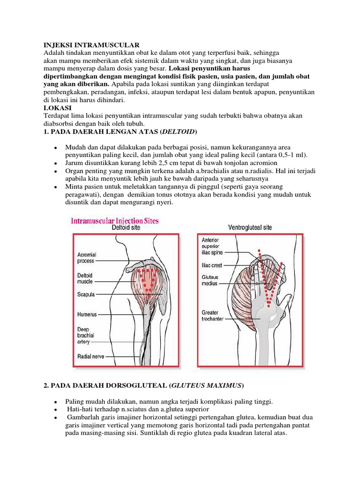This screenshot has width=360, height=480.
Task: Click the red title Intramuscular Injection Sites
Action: (x=115, y=220)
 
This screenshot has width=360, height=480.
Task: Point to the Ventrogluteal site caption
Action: (x=249, y=228)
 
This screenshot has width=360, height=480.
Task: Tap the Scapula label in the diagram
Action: (x=86, y=295)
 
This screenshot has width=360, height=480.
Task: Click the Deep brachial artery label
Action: (x=85, y=336)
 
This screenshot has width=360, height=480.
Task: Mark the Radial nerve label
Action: (x=91, y=357)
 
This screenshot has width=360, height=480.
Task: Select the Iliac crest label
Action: (x=211, y=265)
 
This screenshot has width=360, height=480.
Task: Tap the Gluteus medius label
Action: (x=210, y=280)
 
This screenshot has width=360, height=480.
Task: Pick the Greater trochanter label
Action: (x=213, y=315)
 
